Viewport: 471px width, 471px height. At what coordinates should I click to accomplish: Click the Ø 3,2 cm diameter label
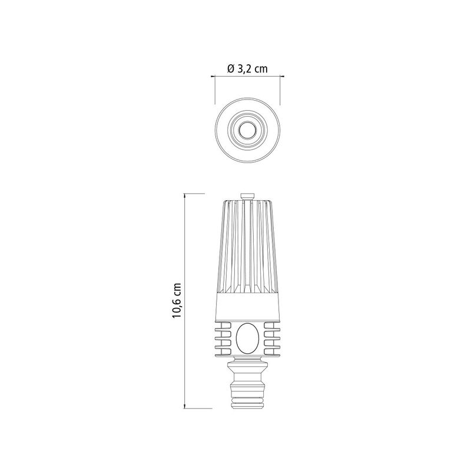[247, 69]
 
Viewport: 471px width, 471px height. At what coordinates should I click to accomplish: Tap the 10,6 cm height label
[176, 300]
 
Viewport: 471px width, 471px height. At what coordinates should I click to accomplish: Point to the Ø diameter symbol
[231, 69]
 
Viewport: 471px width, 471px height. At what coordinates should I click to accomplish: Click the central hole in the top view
[248, 130]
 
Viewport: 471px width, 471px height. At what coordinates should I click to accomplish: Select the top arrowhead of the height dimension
[185, 196]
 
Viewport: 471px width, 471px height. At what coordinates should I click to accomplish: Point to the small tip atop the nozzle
[248, 196]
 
